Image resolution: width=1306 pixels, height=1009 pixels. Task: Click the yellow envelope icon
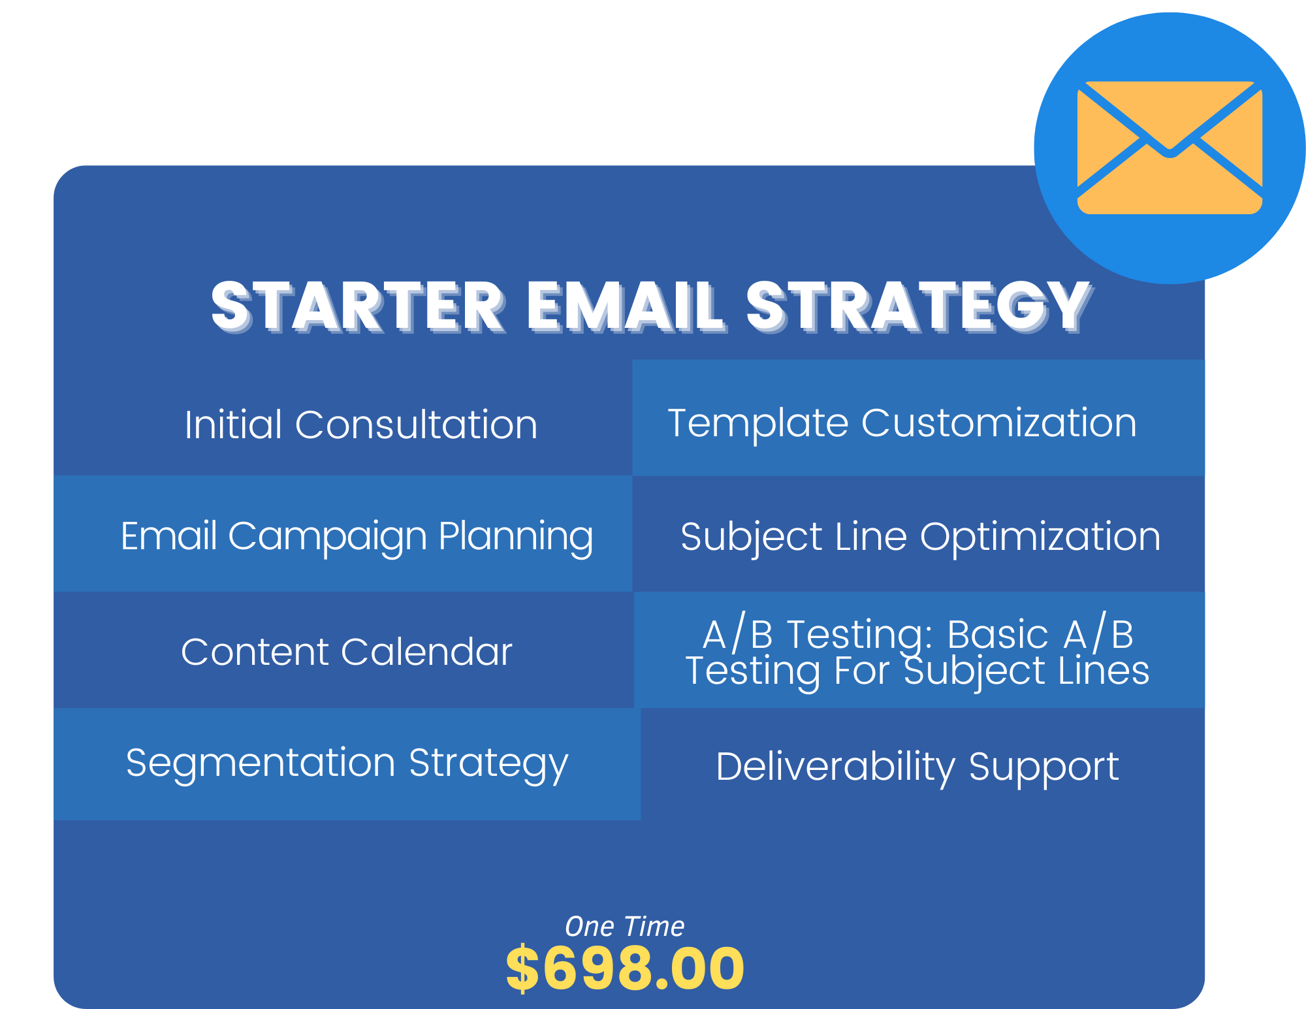click(x=1170, y=148)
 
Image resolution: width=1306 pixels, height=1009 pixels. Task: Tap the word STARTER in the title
click(x=358, y=306)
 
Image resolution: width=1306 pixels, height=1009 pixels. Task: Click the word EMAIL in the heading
click(x=626, y=306)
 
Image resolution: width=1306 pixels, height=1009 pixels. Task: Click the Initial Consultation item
click(x=361, y=424)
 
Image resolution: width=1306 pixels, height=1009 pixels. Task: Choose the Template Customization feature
click(x=902, y=423)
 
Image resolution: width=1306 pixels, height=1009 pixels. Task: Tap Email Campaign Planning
click(x=357, y=537)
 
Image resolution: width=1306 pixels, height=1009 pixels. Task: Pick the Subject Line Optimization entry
click(x=920, y=538)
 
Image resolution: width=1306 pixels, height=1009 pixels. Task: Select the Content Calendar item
click(x=347, y=652)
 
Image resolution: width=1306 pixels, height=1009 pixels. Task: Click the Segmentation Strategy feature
click(x=347, y=764)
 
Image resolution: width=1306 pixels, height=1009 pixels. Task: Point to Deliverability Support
click(x=917, y=767)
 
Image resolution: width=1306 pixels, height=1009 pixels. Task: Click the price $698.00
click(x=625, y=969)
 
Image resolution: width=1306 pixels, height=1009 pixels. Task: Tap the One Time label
click(x=625, y=926)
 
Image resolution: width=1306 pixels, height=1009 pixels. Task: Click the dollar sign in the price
click(x=522, y=969)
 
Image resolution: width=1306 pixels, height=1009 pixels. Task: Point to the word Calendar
click(x=426, y=652)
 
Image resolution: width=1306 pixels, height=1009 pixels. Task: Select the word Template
click(x=758, y=423)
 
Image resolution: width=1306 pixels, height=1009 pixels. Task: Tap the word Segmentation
click(x=261, y=764)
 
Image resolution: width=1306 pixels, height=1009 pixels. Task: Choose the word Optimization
click(x=1040, y=538)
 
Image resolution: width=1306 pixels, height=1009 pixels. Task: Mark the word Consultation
click(x=416, y=424)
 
